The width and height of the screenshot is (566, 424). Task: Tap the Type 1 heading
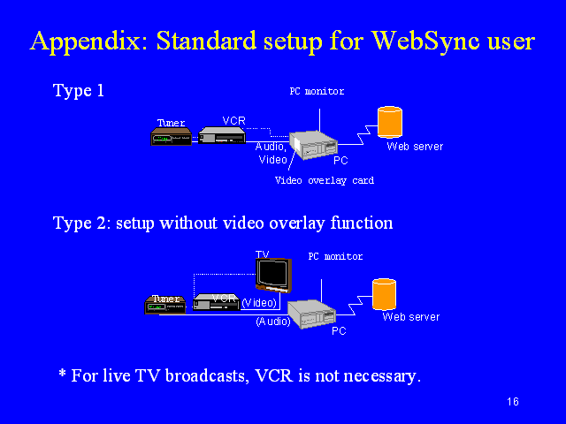click(x=79, y=90)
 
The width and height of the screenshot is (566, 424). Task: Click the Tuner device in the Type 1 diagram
click(x=171, y=137)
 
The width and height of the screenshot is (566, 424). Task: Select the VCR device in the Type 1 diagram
click(x=222, y=135)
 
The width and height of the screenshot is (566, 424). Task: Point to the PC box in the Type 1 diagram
click(x=313, y=145)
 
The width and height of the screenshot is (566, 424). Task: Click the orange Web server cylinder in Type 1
click(x=390, y=122)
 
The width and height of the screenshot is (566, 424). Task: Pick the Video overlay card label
click(x=325, y=180)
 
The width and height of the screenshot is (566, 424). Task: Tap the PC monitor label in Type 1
click(x=317, y=91)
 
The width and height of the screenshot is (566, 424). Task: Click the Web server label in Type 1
click(x=415, y=147)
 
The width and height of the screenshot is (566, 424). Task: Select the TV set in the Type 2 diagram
click(x=273, y=275)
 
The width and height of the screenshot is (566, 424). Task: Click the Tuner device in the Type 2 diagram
click(x=165, y=305)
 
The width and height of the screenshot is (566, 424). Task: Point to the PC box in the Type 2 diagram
click(x=311, y=314)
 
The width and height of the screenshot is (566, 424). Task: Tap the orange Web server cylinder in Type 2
click(x=385, y=294)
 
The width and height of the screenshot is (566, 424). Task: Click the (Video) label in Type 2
click(x=259, y=303)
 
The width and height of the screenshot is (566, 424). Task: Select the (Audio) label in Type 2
click(x=273, y=322)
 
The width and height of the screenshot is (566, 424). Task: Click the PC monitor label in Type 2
click(x=335, y=256)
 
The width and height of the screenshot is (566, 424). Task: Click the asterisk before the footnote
click(x=63, y=373)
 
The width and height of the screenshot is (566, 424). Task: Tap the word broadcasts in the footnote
click(x=207, y=375)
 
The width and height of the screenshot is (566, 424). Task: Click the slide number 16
click(x=513, y=402)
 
